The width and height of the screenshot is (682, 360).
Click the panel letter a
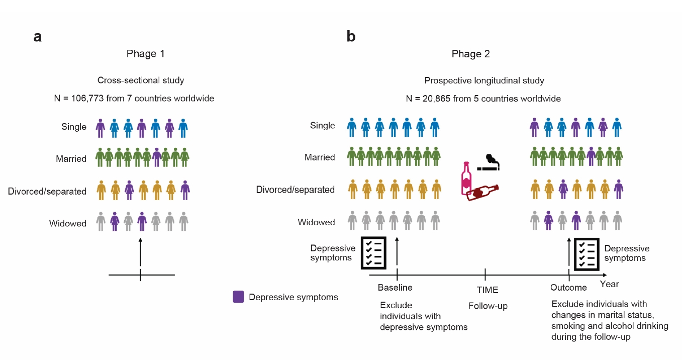(x=37, y=37)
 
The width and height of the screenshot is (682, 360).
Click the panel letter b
(x=351, y=37)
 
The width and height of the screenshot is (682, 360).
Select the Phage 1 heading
(x=145, y=53)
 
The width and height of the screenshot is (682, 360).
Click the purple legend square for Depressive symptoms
(x=238, y=297)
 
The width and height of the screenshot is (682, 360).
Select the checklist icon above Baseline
(x=374, y=253)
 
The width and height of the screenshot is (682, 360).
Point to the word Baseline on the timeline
(x=395, y=288)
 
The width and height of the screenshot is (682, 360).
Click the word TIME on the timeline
(x=488, y=290)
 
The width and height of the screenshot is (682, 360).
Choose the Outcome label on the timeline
(x=568, y=288)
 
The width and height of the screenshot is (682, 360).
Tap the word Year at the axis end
(x=609, y=284)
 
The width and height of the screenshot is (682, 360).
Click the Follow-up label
(x=488, y=306)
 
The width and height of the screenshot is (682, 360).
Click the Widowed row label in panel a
(x=68, y=223)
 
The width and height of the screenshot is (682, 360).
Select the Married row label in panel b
(x=320, y=157)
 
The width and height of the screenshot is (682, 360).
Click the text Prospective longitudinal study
(x=484, y=80)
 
